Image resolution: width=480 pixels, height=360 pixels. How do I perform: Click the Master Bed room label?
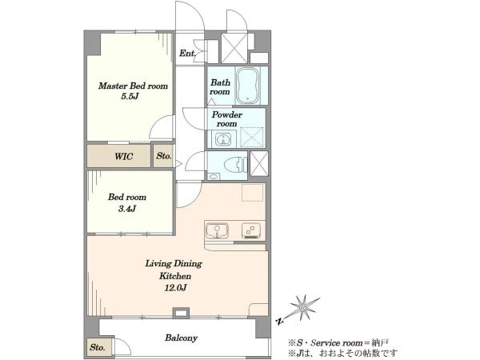(133, 86)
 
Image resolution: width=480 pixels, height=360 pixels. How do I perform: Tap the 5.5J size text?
(130, 97)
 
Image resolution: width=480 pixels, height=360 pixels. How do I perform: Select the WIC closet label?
(124, 157)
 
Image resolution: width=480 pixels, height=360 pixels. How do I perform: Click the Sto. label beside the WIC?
(164, 156)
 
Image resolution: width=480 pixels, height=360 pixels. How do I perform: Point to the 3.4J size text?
(127, 209)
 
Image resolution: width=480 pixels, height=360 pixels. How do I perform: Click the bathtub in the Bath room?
(248, 86)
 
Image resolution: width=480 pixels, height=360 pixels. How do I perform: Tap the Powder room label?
(227, 119)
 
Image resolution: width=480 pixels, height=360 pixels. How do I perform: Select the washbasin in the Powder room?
(223, 139)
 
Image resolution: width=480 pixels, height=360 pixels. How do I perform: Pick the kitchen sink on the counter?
(217, 230)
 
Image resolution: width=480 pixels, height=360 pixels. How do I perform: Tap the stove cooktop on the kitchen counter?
(251, 230)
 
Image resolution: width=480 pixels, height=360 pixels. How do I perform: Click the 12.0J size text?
(175, 288)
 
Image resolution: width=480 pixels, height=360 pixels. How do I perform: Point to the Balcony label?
(182, 338)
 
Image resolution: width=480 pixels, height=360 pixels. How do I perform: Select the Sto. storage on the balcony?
(98, 347)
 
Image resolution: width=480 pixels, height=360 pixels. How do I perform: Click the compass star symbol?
(303, 306)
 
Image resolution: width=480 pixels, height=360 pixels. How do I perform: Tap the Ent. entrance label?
(187, 54)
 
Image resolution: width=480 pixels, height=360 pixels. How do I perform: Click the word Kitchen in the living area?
(175, 276)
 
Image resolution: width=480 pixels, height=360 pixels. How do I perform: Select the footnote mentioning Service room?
(338, 342)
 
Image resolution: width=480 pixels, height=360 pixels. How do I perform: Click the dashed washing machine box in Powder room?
(252, 137)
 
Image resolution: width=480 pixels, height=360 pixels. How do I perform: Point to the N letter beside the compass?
(279, 321)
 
